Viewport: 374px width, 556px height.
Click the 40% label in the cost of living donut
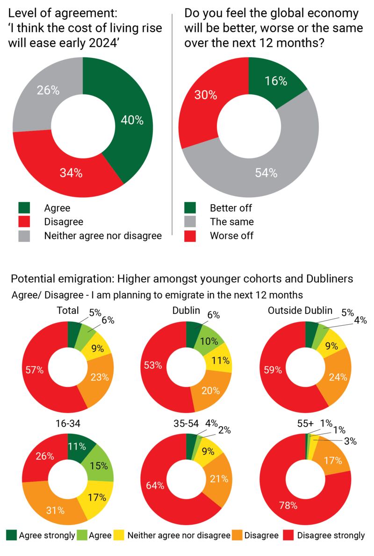click(x=132, y=120)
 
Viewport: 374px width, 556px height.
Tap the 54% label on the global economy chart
click(x=266, y=173)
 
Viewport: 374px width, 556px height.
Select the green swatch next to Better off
click(x=191, y=208)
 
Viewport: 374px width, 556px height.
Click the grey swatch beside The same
click(x=191, y=222)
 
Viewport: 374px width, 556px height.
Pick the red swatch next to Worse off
click(x=191, y=235)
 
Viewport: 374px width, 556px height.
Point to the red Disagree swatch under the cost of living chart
click(x=24, y=222)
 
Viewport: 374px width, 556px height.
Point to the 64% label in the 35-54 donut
click(x=156, y=485)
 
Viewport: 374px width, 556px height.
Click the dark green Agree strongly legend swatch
click(x=11, y=535)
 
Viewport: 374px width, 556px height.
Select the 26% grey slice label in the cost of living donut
click(x=48, y=91)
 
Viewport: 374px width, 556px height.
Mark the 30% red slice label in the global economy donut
click(x=206, y=95)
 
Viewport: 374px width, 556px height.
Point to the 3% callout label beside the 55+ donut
click(x=350, y=441)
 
